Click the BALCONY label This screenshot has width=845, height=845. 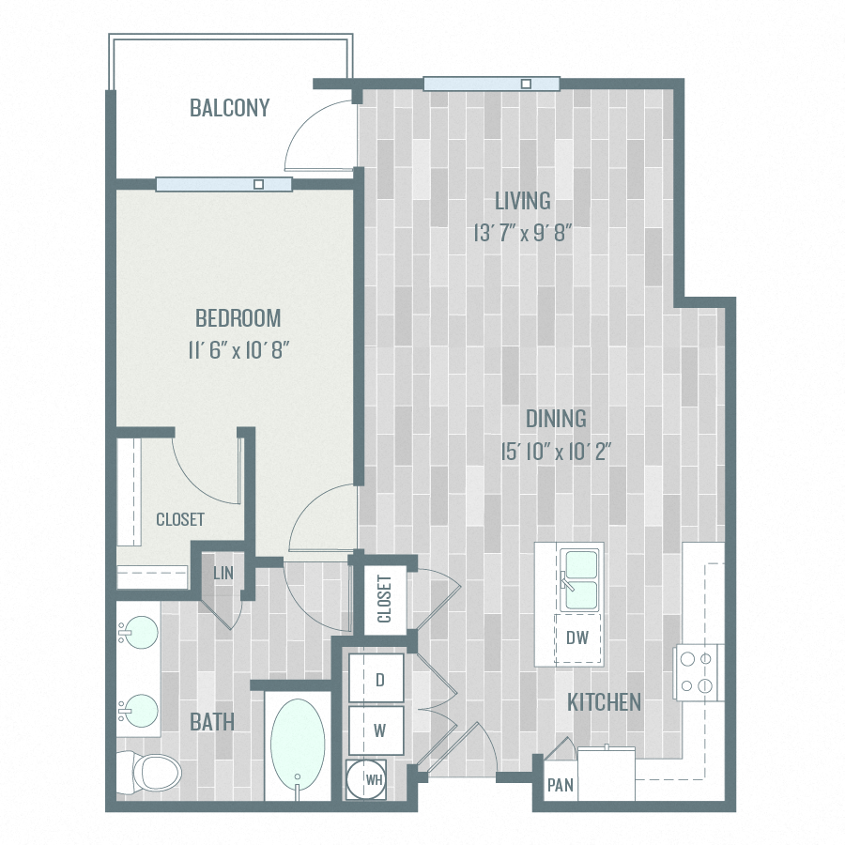(229, 108)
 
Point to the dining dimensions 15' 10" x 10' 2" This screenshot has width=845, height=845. (556, 452)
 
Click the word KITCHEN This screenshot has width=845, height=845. (604, 701)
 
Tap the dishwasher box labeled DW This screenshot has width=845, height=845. (577, 638)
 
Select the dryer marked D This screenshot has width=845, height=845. (379, 680)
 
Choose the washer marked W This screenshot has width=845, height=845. (379, 729)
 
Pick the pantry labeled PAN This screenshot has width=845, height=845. (561, 785)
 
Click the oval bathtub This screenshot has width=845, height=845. (299, 741)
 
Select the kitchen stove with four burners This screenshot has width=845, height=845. (698, 672)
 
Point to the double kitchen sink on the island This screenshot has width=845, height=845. (580, 580)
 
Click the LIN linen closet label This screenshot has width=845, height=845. (223, 574)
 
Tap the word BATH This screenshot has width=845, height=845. (211, 722)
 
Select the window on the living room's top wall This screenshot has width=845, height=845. (491, 84)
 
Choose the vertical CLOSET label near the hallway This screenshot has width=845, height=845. (384, 600)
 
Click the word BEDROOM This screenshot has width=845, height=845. (238, 317)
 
